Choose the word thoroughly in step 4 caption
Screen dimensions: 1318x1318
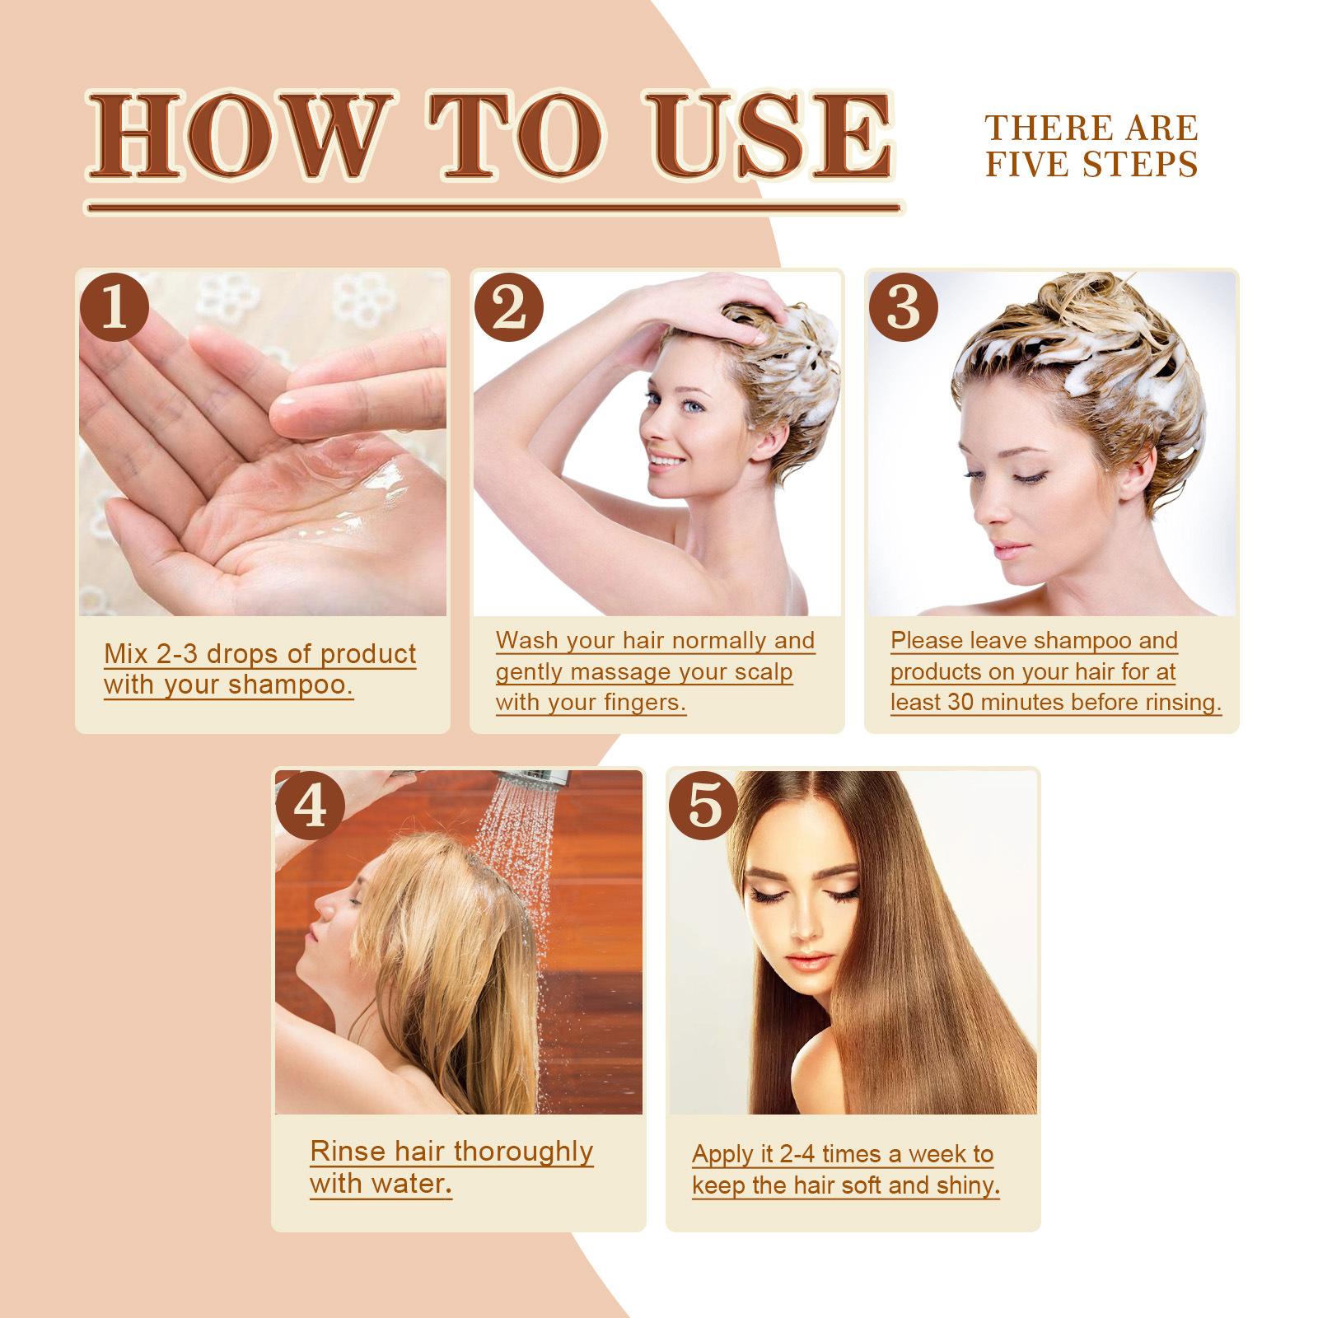523,1151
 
